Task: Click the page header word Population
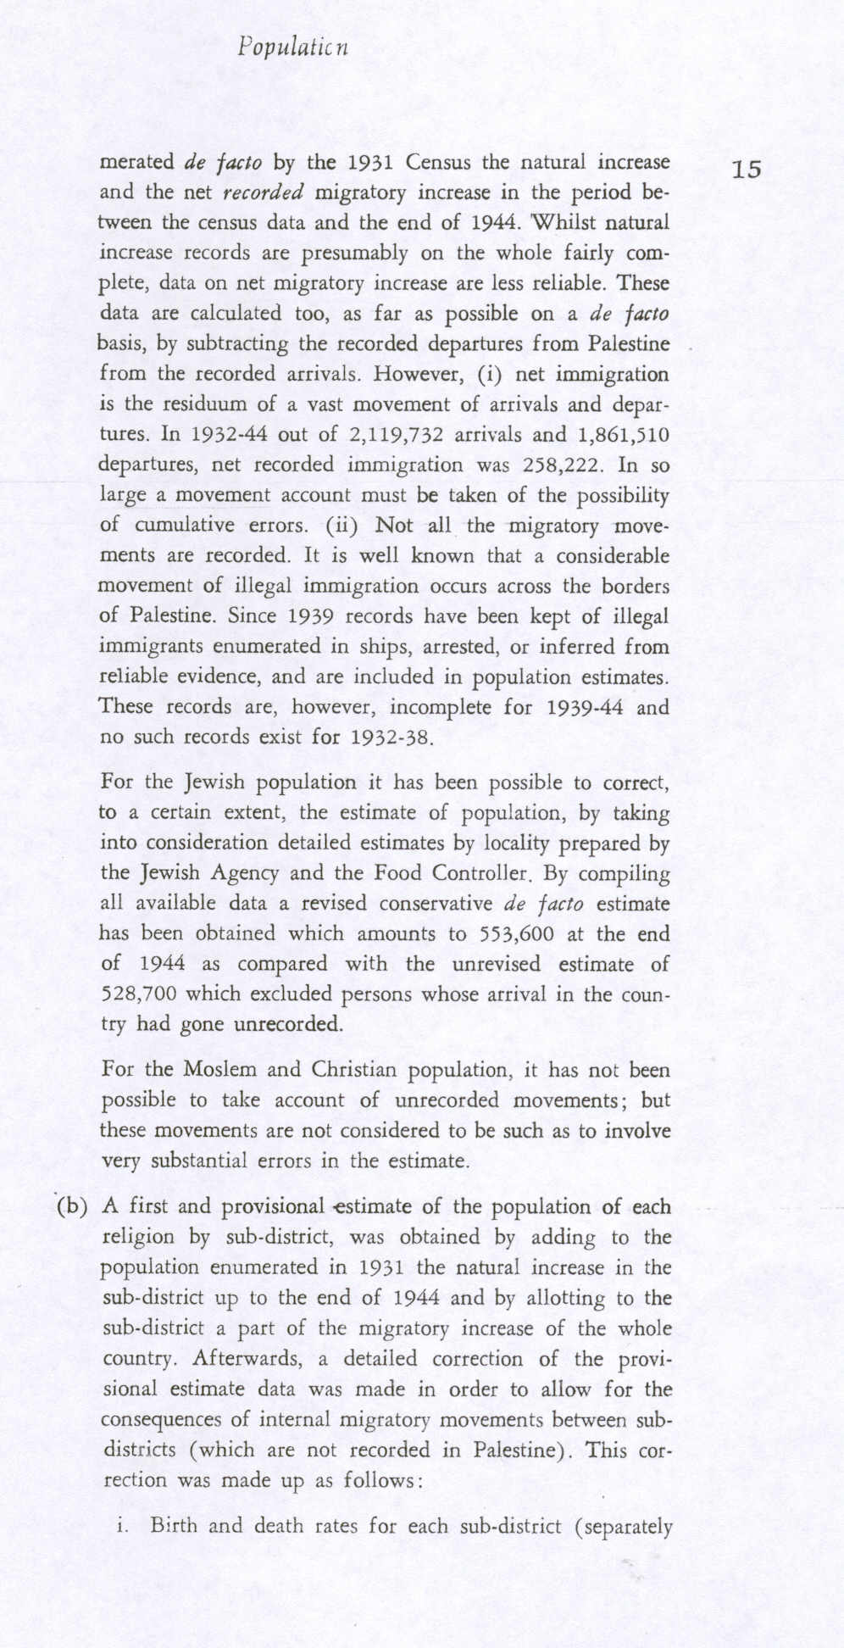point(293,47)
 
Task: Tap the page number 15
point(747,170)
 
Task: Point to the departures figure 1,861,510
point(623,435)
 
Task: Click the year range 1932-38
point(391,737)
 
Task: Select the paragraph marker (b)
point(72,1207)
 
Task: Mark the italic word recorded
point(263,192)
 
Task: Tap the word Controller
point(481,873)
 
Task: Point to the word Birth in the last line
point(173,1526)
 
